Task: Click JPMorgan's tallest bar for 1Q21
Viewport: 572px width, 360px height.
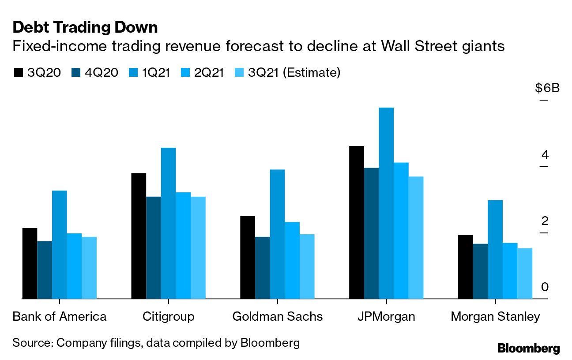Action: pyautogui.click(x=386, y=203)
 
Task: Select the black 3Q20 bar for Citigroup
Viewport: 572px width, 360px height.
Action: pyautogui.click(x=139, y=236)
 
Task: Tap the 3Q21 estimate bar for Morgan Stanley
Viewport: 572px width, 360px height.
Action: pyautogui.click(x=525, y=274)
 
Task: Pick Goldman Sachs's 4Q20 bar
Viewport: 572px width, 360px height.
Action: pyautogui.click(x=262, y=268)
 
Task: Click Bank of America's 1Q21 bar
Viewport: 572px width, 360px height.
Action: pyautogui.click(x=59, y=244)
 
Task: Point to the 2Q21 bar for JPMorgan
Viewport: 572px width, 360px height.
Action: pyautogui.click(x=401, y=230)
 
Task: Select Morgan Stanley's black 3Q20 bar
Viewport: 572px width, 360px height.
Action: pyautogui.click(x=466, y=267)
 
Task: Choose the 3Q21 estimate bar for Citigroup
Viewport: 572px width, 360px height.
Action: pyautogui.click(x=198, y=247)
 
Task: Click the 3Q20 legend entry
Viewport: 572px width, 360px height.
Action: pyautogui.click(x=39, y=72)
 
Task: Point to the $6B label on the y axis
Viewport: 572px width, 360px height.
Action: pyautogui.click(x=547, y=88)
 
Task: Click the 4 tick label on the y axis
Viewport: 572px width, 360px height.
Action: pyautogui.click(x=544, y=155)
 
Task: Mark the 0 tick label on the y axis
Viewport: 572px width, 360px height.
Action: pyautogui.click(x=544, y=287)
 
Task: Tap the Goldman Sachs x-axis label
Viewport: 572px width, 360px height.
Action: pyautogui.click(x=277, y=317)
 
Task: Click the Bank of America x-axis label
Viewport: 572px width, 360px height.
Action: pyautogui.click(x=60, y=317)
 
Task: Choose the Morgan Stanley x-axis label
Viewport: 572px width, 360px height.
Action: pyautogui.click(x=495, y=317)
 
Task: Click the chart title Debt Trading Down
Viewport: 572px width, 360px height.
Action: pyautogui.click(x=85, y=28)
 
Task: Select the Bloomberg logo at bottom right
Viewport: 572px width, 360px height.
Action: pyautogui.click(x=528, y=348)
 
